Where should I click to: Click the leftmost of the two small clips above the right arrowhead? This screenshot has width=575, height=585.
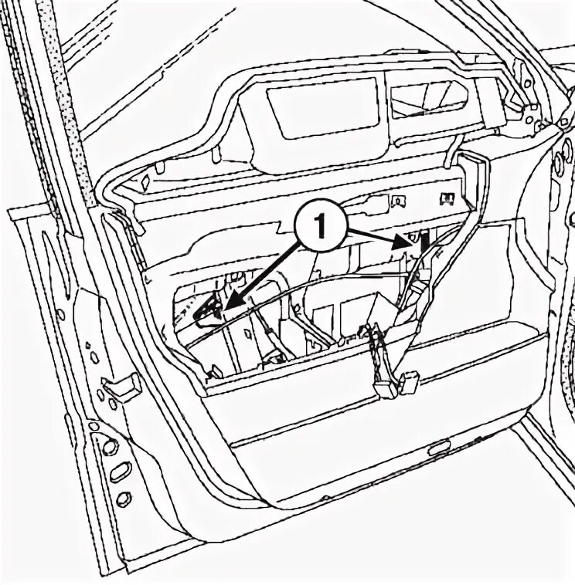(x=399, y=203)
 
